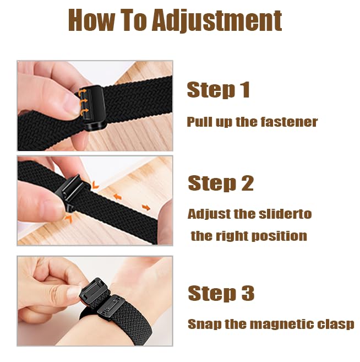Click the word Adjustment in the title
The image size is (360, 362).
click(x=217, y=20)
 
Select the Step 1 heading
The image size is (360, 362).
click(x=219, y=90)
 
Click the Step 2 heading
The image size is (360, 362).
click(x=221, y=183)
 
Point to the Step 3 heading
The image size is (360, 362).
click(x=221, y=293)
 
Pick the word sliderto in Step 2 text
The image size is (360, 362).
click(x=285, y=214)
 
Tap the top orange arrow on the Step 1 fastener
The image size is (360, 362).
click(x=83, y=93)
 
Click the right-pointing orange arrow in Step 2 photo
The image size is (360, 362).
click(x=146, y=208)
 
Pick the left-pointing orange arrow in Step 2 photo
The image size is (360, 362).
click(x=118, y=197)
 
